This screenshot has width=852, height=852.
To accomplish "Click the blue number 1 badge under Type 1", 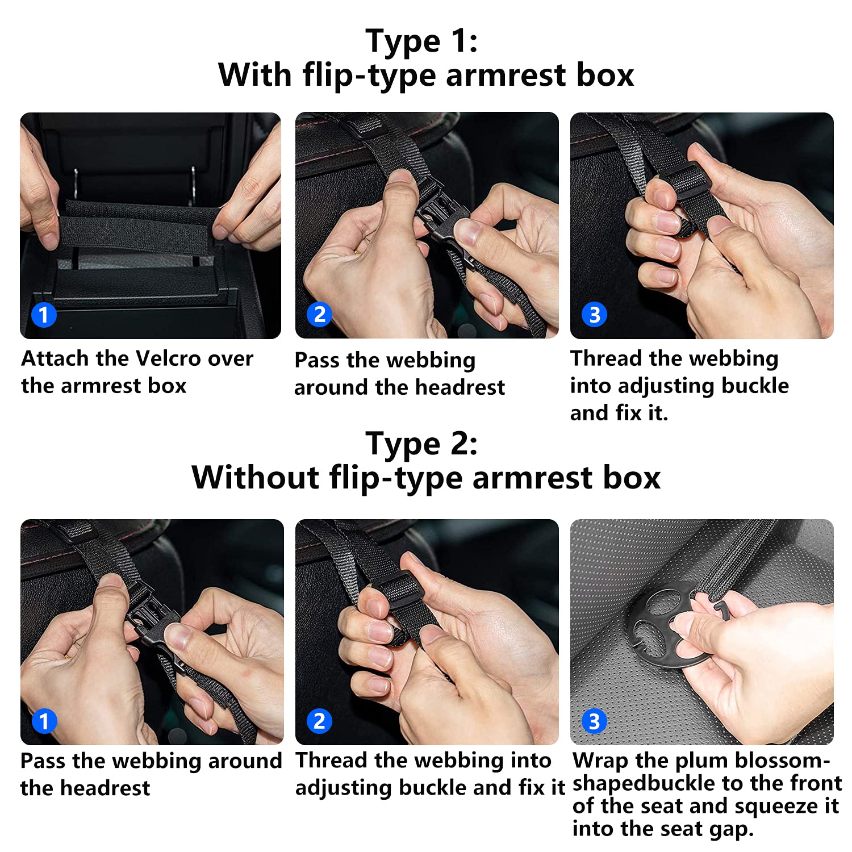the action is [x=44, y=315].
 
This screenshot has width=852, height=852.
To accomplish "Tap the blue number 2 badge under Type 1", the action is [x=319, y=314].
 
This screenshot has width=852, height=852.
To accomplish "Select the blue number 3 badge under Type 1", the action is [x=595, y=315].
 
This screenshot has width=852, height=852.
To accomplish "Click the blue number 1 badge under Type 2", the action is [x=44, y=721].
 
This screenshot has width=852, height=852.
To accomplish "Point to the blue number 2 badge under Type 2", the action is [x=319, y=721].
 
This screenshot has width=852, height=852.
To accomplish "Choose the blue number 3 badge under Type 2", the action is [x=594, y=721].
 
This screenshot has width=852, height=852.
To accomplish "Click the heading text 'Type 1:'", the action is [x=422, y=41].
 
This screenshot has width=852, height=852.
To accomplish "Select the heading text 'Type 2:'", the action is [x=422, y=444].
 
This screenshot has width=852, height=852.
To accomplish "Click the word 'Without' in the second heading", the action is [x=255, y=477].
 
